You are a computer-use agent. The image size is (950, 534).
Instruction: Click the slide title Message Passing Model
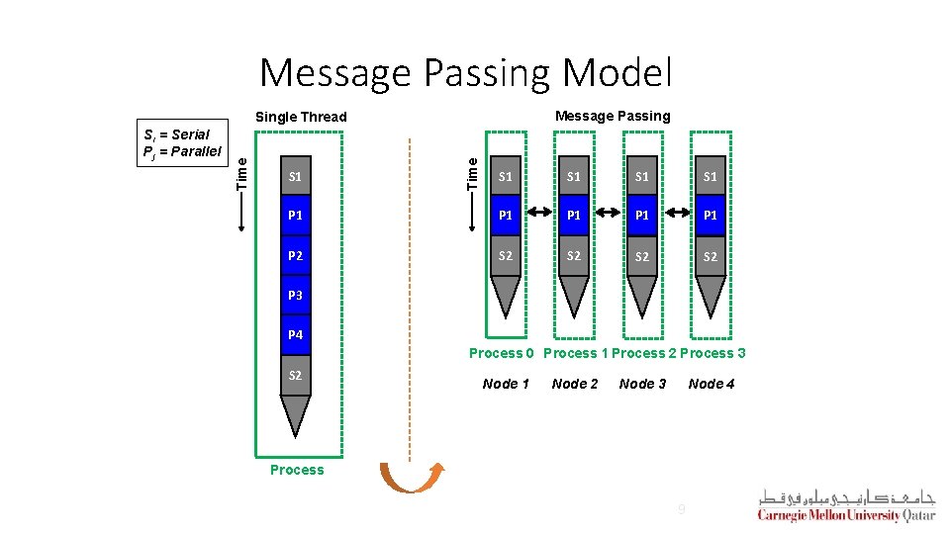coord(466,73)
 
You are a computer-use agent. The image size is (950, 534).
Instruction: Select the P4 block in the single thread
coord(295,335)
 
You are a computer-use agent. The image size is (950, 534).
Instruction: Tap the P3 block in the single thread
coord(295,295)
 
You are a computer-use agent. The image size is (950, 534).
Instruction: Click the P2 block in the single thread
coord(295,255)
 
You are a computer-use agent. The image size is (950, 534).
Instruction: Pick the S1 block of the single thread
coord(295,177)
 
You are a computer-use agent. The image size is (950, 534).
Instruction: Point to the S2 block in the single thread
coord(295,375)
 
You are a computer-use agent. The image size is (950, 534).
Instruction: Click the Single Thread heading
coord(302,117)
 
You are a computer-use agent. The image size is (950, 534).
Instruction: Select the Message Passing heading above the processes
coord(613,116)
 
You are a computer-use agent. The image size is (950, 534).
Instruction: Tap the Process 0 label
coord(502,353)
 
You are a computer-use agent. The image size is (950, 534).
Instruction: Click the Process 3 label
coord(712,353)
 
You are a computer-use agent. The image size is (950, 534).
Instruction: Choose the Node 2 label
coord(575,384)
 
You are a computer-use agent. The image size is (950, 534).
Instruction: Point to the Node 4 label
coord(712,384)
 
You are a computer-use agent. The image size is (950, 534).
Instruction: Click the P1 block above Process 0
coord(506,216)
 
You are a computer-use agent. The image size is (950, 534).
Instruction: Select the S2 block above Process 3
coord(711,256)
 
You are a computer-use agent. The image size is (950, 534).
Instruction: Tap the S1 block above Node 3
coord(642,177)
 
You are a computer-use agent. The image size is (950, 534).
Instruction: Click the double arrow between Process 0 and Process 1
coord(539,214)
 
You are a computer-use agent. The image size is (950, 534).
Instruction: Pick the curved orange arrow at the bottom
coord(407,477)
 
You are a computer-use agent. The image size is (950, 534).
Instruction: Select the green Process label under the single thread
coord(297,470)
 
